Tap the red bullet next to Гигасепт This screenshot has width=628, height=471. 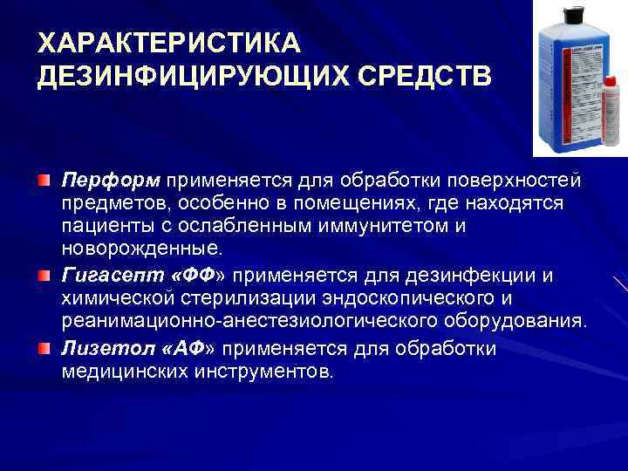coord(44,276)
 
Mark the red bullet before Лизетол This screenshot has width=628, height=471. coord(44,349)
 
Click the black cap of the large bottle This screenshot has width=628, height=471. coord(573,14)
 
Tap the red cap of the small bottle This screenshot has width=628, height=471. coord(611,83)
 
